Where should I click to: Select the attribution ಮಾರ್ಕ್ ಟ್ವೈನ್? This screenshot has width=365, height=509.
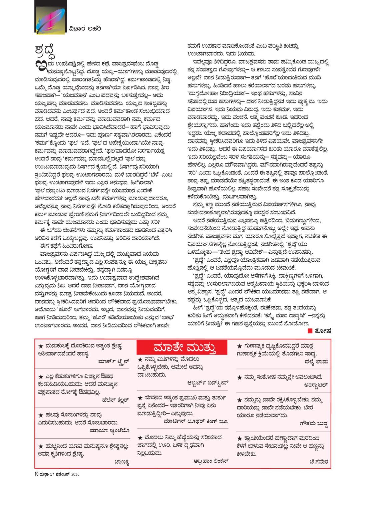pyautogui.click(x=113, y=361)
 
